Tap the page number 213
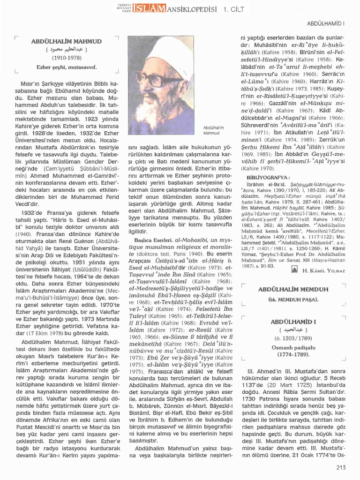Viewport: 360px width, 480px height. click(x=341, y=466)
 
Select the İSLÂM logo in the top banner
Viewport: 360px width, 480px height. click(x=149, y=7)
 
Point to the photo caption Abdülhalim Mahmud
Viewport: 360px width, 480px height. click(x=214, y=129)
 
